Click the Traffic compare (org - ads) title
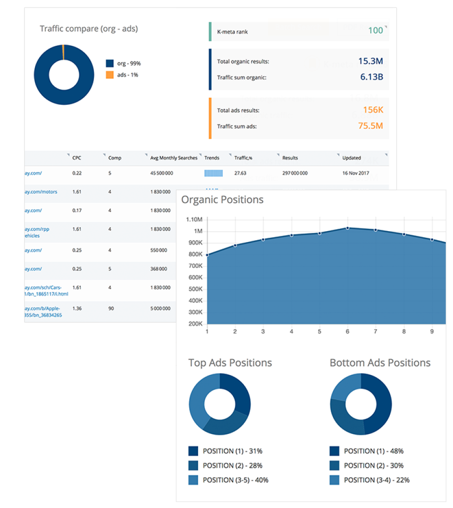(x=89, y=29)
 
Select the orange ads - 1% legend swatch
(x=109, y=75)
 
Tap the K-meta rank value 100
(x=375, y=31)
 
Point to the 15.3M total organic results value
(x=370, y=61)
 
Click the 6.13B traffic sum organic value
(x=371, y=76)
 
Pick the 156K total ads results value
(x=373, y=110)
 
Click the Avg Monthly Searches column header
(x=174, y=158)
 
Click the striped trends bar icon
(x=213, y=173)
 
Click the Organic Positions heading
(x=222, y=200)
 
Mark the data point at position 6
(x=348, y=228)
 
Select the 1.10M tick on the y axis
(x=194, y=220)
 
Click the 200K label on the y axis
(x=196, y=324)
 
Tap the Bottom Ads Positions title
(x=380, y=363)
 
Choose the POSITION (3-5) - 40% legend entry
(x=235, y=480)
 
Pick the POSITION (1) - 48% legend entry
(x=373, y=451)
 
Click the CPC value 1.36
(x=77, y=308)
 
